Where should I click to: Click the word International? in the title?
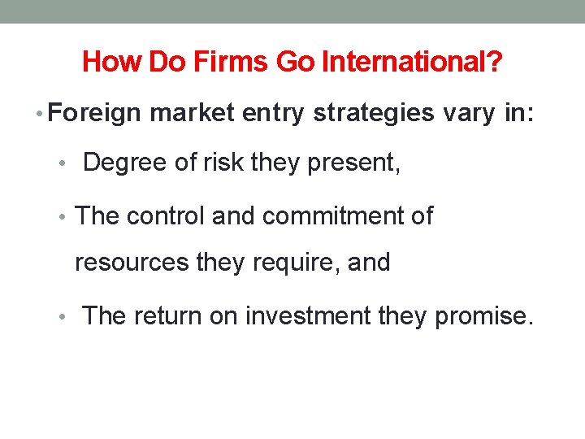click(x=412, y=61)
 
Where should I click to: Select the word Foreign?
click(x=95, y=113)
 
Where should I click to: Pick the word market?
click(x=190, y=113)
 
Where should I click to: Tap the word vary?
click(x=468, y=113)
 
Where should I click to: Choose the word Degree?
click(x=127, y=163)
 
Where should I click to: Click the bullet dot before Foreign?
click(x=41, y=114)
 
